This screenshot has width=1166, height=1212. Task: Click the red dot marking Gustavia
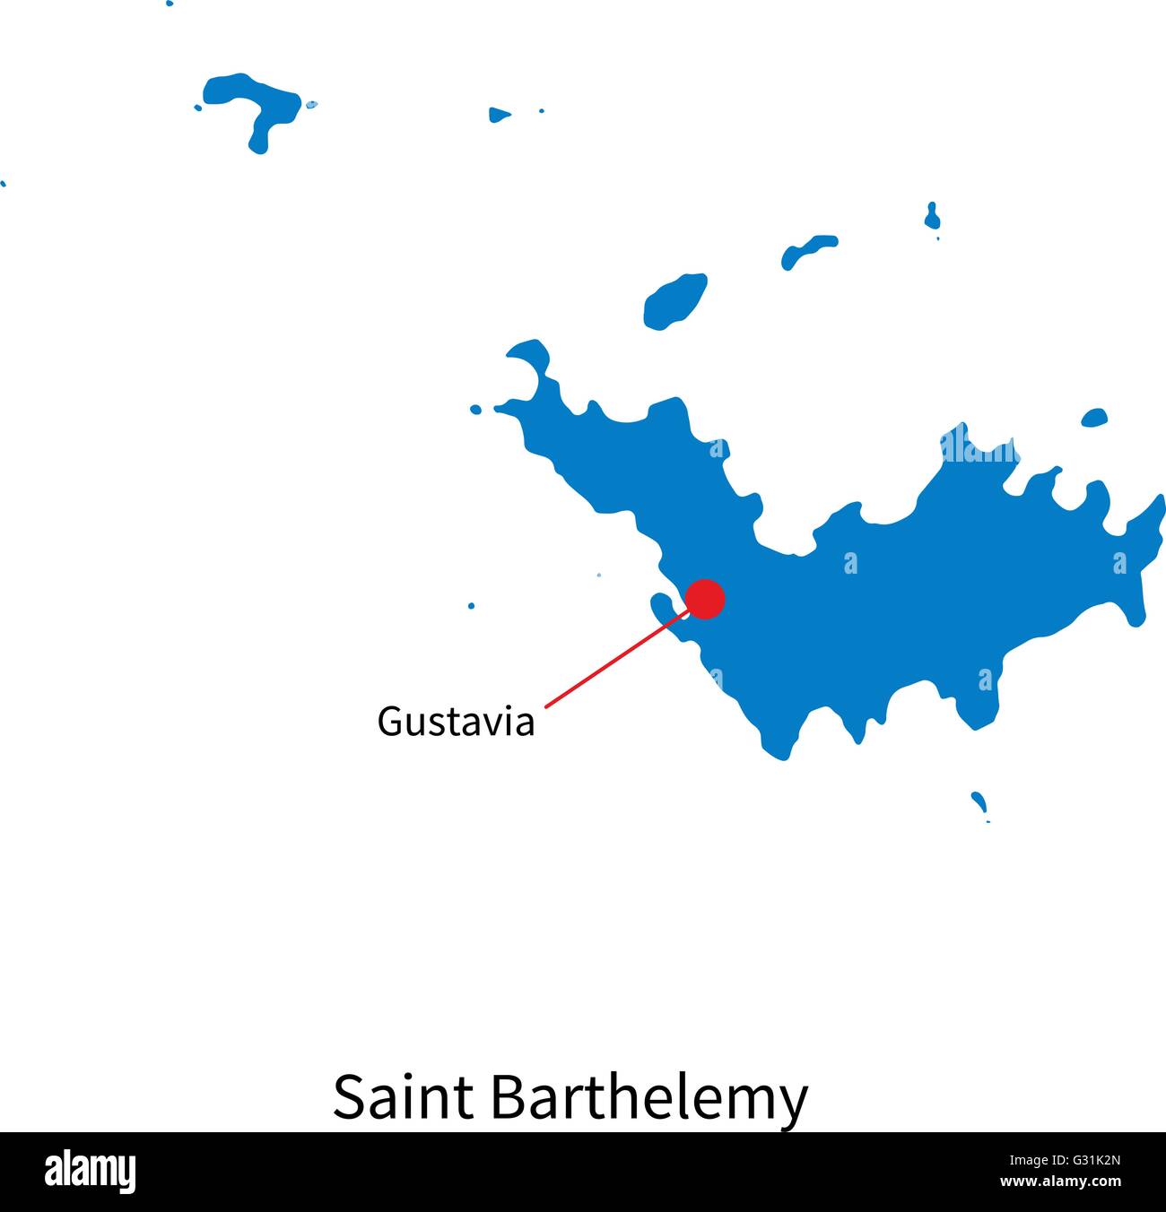pos(705,599)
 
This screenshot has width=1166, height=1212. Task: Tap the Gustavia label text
pos(456,722)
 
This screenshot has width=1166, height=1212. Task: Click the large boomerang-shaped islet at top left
pos(255,103)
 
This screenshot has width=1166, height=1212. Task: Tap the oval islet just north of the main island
pos(674,300)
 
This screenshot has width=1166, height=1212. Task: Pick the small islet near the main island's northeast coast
pos(1094,417)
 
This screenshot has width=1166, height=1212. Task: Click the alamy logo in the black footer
pos(90,1172)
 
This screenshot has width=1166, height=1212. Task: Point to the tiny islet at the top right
pos(932,215)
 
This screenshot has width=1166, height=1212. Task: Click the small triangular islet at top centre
pos(499,115)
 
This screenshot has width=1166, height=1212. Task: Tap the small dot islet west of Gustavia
pos(471,606)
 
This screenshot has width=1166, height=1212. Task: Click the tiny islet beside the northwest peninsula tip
pos(475,410)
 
